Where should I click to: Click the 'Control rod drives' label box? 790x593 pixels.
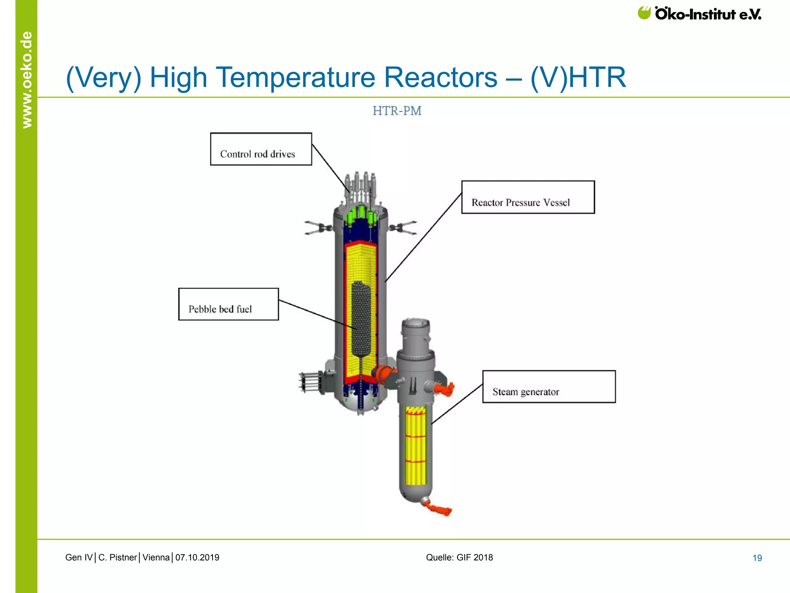pos(261,149)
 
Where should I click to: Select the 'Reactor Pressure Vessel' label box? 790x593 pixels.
pos(528,197)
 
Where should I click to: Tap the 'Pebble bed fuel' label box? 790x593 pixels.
pos(228,304)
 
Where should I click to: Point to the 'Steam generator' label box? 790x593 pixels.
pos(549,386)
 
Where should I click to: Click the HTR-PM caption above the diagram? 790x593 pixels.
pos(397,111)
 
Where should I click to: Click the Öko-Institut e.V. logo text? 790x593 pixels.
pos(708,14)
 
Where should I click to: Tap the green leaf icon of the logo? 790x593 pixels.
pos(644,13)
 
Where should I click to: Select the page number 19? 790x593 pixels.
pos(757,558)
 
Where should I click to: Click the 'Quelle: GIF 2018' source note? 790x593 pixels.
pos(459,557)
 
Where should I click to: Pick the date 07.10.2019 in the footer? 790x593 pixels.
pos(197,557)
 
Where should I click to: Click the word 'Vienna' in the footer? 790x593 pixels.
pos(156,557)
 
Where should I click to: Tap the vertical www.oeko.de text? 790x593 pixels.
pos(27,79)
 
